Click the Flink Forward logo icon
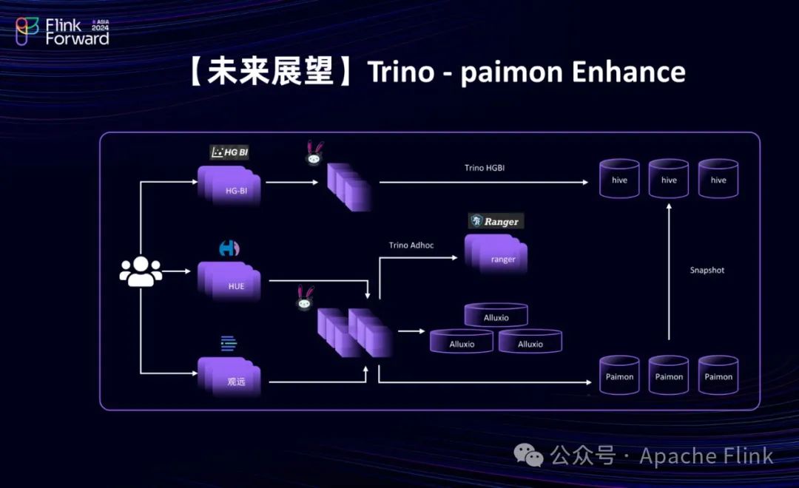(27, 31)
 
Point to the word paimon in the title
(510, 73)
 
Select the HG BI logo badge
(229, 152)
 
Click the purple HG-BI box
(229, 185)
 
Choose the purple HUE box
(229, 282)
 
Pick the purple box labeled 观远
(229, 377)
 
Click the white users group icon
(141, 271)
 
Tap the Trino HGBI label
(485, 168)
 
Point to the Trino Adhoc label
(411, 245)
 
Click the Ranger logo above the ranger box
(495, 220)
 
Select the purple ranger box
(496, 254)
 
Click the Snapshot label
(707, 270)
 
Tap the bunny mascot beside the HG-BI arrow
(314, 153)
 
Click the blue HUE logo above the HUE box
(229, 248)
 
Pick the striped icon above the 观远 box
(229, 343)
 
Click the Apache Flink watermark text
(707, 456)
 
